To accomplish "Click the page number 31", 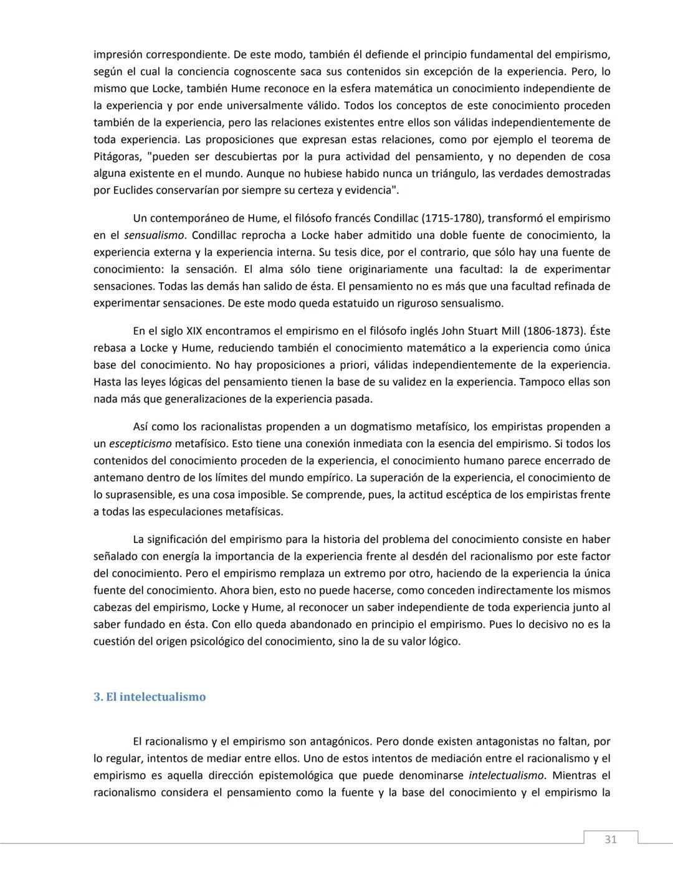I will pos(610,839).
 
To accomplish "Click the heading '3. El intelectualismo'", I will pos(150,697).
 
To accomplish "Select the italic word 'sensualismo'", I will pos(154,235).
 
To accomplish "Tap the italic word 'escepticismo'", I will pos(140,444).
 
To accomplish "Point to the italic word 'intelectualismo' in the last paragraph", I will pos(506,776).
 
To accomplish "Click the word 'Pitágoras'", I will pos(117,157).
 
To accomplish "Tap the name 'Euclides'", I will pos(129,191).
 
